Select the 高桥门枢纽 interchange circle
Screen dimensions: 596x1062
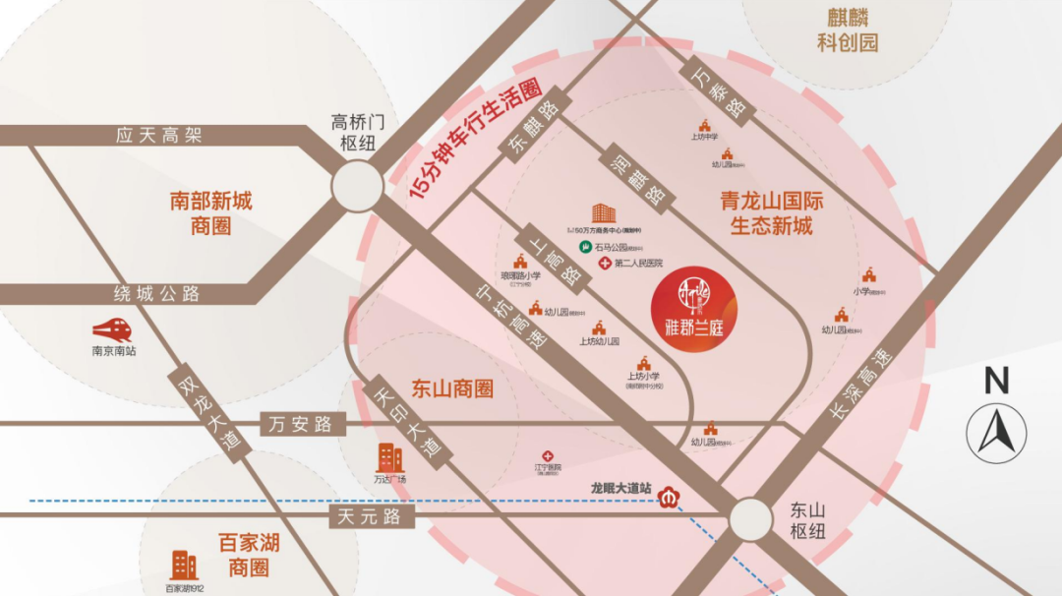point(357,185)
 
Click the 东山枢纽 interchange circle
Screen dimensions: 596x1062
point(750,518)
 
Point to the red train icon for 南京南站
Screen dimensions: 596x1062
point(112,329)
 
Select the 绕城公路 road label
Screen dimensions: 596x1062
point(157,293)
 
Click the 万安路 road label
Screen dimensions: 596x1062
point(296,424)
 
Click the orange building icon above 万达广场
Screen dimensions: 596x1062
point(390,457)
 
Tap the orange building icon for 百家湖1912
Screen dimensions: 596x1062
point(184,565)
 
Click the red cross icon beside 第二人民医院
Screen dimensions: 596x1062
point(604,264)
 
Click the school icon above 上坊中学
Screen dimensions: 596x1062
point(704,125)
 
